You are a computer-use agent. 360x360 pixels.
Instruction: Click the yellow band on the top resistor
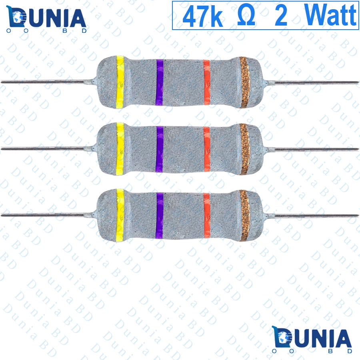[x=120, y=82]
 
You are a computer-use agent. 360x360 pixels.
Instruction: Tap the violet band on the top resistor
[x=160, y=82]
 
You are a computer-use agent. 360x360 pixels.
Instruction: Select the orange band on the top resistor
[x=207, y=82]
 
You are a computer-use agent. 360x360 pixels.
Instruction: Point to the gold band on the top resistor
[x=245, y=82]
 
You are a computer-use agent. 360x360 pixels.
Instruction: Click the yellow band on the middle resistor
[x=120, y=149]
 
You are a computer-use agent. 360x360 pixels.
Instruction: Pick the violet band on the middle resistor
[x=160, y=149]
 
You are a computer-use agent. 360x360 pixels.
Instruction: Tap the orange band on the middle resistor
[x=207, y=149]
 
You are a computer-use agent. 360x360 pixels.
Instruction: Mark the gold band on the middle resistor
[x=245, y=149]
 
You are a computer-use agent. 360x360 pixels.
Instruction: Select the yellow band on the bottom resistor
[x=120, y=215]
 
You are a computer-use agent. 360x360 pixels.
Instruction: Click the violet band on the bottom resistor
[x=160, y=215]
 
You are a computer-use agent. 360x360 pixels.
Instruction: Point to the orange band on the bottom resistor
[x=207, y=215]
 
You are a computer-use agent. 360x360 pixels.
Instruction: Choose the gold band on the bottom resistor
[x=245, y=215]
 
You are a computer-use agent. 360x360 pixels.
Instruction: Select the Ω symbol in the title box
[x=246, y=16]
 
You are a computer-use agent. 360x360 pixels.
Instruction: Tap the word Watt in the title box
[x=330, y=15]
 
